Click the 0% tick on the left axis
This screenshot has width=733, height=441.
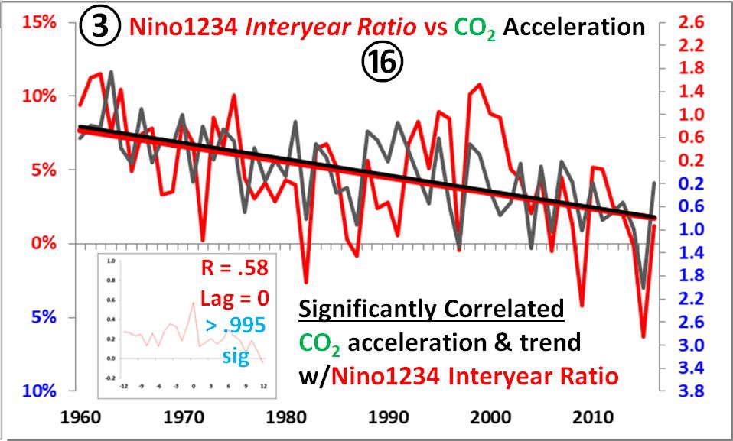point(43,244)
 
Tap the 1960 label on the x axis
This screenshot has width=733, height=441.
point(78,420)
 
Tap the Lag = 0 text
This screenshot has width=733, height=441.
point(234,297)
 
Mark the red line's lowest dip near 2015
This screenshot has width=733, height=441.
point(643,336)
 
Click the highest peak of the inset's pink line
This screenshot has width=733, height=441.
point(192,303)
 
